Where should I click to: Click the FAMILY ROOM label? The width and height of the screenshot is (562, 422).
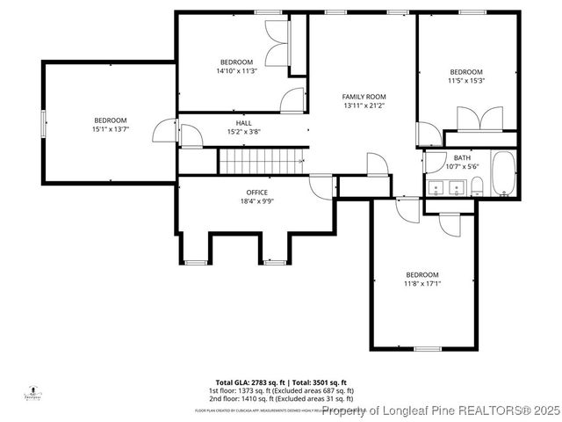pyautogui.click(x=364, y=97)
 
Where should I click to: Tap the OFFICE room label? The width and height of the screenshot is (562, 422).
pyautogui.click(x=256, y=193)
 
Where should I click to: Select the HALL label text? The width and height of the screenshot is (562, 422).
pyautogui.click(x=243, y=123)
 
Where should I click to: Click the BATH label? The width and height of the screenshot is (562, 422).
pyautogui.click(x=462, y=158)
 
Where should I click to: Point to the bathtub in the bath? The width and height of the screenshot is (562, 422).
pyautogui.click(x=504, y=174)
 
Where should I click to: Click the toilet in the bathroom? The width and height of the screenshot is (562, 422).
pyautogui.click(x=477, y=186)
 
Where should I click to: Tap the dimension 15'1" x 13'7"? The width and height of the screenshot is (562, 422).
pyautogui.click(x=111, y=129)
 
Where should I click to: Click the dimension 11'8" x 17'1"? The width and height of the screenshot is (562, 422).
pyautogui.click(x=421, y=283)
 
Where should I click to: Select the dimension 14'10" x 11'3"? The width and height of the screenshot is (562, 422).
pyautogui.click(x=236, y=71)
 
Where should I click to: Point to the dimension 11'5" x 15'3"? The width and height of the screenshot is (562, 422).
pyautogui.click(x=466, y=81)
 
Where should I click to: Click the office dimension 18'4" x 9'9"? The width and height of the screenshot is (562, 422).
pyautogui.click(x=256, y=201)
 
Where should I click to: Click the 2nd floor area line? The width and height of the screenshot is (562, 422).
pyautogui.click(x=281, y=399)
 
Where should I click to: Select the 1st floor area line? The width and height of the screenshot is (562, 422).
pyautogui.click(x=281, y=390)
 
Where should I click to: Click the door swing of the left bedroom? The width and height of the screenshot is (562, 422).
pyautogui.click(x=163, y=132)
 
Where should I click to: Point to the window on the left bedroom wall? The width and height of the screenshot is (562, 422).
pyautogui.click(x=42, y=123)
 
